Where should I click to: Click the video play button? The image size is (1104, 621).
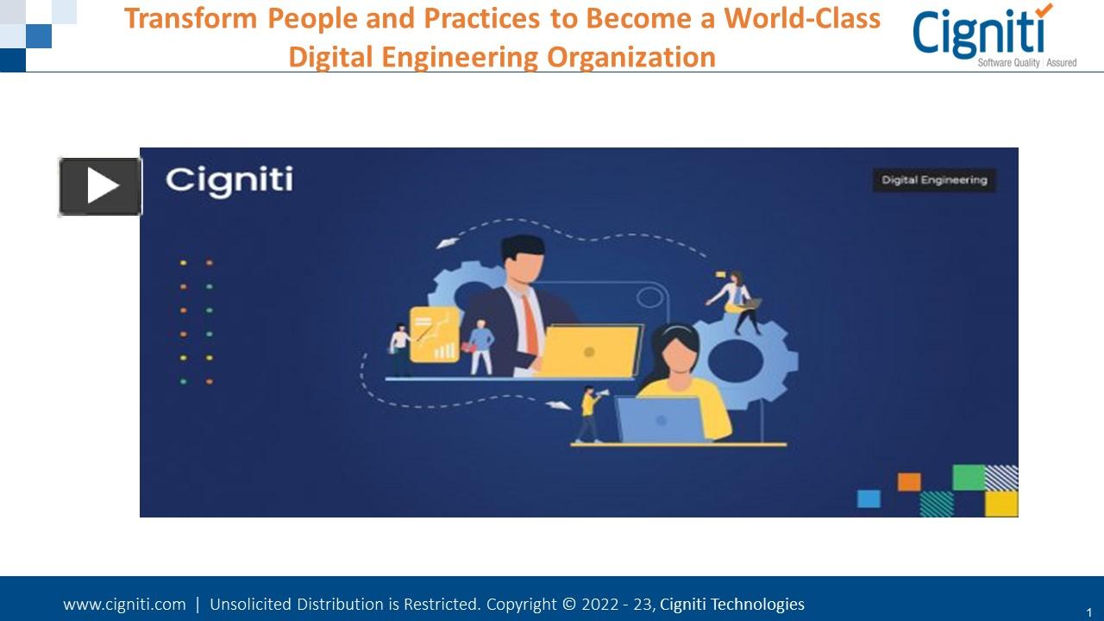tap(101, 186)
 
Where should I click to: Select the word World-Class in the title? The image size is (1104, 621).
tap(802, 18)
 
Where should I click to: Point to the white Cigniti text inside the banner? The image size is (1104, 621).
tap(229, 180)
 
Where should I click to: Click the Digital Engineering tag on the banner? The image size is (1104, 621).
tap(933, 180)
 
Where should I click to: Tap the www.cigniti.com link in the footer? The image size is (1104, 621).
tap(124, 605)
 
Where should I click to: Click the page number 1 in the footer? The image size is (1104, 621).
tap(1089, 612)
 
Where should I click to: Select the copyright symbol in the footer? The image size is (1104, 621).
tap(569, 605)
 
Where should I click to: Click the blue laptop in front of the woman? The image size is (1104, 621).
tap(660, 419)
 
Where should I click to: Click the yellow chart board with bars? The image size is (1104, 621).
tap(435, 334)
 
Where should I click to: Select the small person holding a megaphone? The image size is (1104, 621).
tap(590, 414)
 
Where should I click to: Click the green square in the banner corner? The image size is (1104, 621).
tap(968, 477)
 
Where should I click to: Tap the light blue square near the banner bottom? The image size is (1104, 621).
tap(869, 499)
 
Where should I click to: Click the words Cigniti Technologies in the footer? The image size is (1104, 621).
tap(731, 605)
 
